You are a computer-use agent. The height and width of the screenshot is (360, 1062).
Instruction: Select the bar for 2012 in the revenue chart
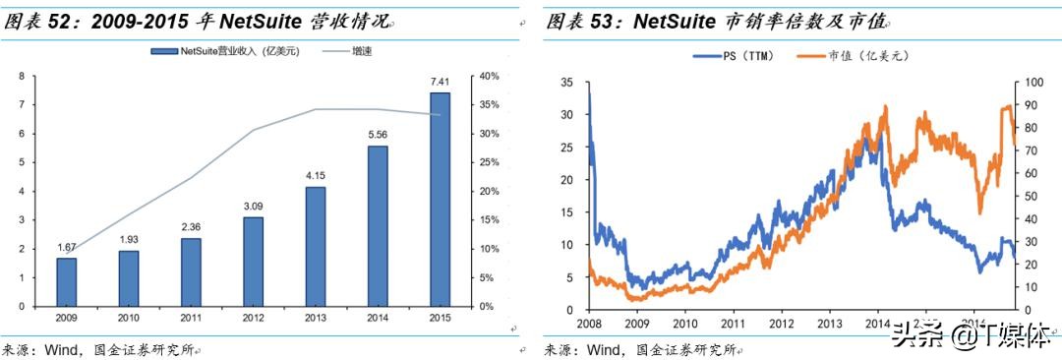(x=253, y=261)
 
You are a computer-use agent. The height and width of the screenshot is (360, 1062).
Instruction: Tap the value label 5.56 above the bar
(x=378, y=135)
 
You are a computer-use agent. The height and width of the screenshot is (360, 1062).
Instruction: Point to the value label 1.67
(x=67, y=247)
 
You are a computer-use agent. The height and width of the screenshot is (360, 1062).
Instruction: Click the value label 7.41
(x=440, y=82)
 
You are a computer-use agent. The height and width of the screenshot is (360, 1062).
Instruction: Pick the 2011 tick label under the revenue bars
(x=191, y=319)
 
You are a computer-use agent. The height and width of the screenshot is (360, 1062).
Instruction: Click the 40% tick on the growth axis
(x=488, y=76)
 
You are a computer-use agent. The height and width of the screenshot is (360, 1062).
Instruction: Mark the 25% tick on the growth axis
(x=488, y=162)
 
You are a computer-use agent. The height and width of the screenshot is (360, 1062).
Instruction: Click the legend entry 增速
(x=348, y=50)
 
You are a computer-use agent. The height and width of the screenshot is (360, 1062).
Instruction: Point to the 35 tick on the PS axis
(x=567, y=83)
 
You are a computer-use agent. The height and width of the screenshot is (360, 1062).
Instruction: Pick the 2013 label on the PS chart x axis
(x=830, y=323)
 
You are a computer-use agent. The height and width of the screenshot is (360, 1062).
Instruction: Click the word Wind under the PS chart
(x=607, y=349)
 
